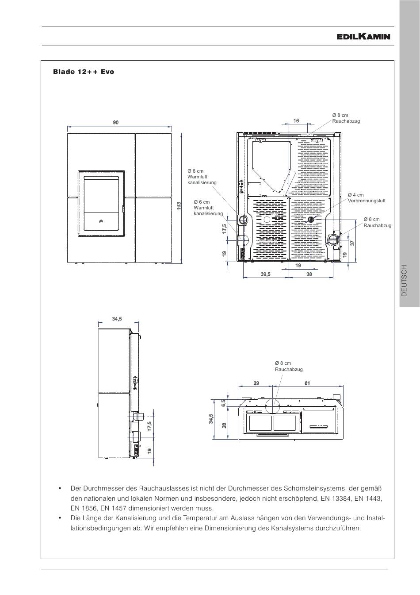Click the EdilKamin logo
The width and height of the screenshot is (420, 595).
click(363, 37)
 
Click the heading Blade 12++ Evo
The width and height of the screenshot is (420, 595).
click(84, 72)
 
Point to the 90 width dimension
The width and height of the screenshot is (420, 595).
click(116, 123)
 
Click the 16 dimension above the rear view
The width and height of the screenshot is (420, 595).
click(296, 120)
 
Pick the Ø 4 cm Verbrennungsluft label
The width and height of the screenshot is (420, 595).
click(366, 198)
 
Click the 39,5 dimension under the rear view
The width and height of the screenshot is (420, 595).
click(265, 274)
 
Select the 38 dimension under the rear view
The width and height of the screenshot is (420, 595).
click(309, 274)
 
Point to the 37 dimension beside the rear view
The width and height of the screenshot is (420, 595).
click(352, 243)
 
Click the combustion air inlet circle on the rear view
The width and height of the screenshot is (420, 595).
click(310, 219)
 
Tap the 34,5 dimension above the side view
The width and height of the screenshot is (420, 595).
click(117, 319)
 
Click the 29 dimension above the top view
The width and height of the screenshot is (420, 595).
click(256, 383)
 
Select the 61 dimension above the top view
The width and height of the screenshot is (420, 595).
click(307, 383)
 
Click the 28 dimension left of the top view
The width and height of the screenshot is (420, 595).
click(224, 425)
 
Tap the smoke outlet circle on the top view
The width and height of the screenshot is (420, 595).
click(272, 403)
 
